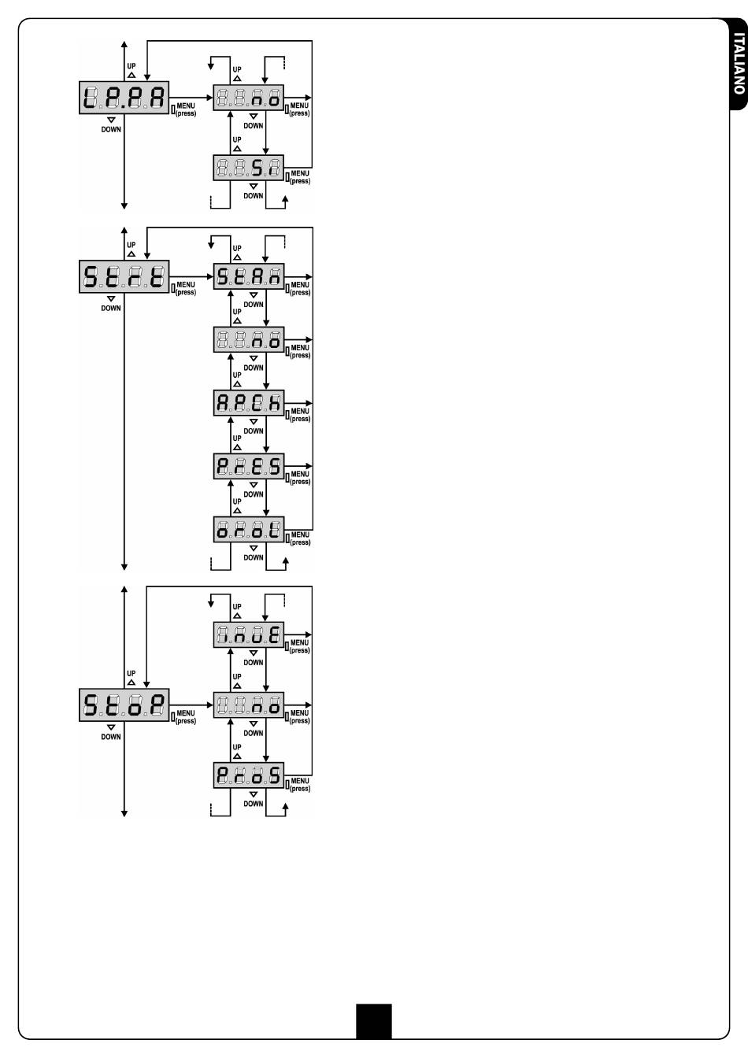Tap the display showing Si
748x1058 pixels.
pos(249,167)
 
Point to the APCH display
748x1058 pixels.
pos(249,403)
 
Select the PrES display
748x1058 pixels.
pos(249,466)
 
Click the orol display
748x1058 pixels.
pos(249,529)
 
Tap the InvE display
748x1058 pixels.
pos(249,634)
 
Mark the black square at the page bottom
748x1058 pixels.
pos(373,1020)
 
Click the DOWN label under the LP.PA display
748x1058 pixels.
pos(111,129)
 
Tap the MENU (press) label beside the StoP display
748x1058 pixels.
pos(186,717)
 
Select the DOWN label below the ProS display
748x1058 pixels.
pos(254,804)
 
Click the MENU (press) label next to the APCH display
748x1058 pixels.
pos(300,415)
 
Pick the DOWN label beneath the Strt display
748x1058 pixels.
pos(111,308)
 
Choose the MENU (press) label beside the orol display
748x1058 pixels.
pos(300,538)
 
